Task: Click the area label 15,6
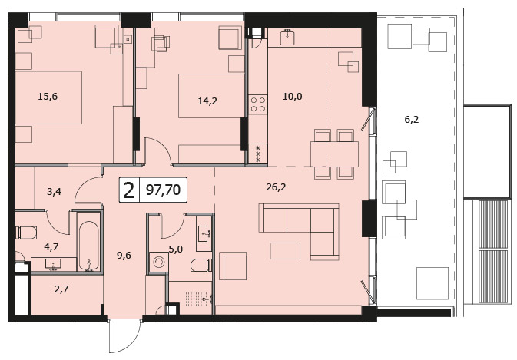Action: (48, 97)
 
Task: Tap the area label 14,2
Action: (207, 101)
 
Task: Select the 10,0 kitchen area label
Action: (293, 97)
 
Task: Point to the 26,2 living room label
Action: (276, 187)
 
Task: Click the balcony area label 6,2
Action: (412, 120)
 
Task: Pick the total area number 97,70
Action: (163, 190)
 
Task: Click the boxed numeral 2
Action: (129, 190)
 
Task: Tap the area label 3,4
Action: (54, 191)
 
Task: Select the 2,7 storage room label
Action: (61, 289)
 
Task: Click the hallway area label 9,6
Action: (124, 255)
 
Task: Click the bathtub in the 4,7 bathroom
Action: (88, 246)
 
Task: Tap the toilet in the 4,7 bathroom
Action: (26, 233)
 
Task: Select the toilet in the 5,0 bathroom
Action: (201, 266)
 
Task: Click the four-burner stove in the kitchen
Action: (258, 104)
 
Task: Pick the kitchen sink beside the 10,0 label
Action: (288, 37)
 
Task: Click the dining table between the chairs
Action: (334, 154)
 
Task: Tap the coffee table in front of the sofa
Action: (285, 251)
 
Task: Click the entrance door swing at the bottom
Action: (124, 336)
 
